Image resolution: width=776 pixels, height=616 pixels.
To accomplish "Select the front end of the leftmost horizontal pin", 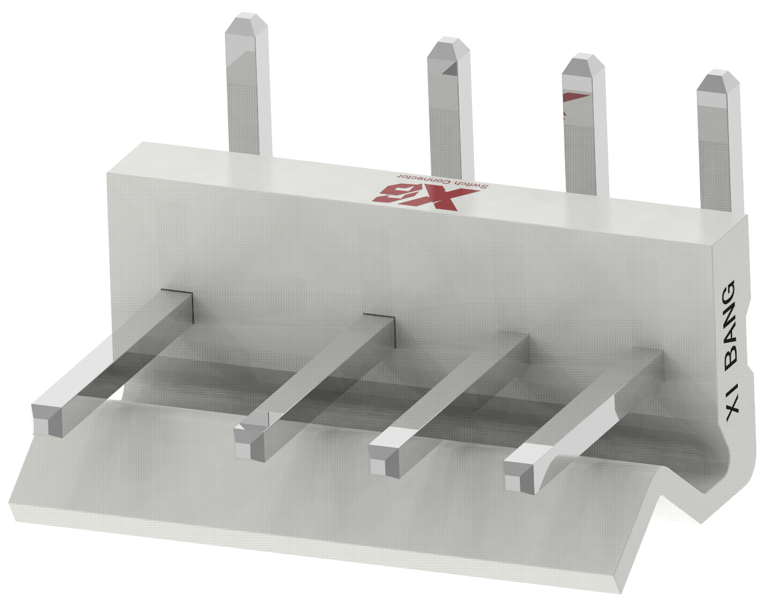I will click(48, 419).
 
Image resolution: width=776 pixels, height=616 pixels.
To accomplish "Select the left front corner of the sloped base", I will click(11, 509).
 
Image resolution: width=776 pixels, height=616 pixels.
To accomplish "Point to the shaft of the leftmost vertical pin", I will click(248, 95).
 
